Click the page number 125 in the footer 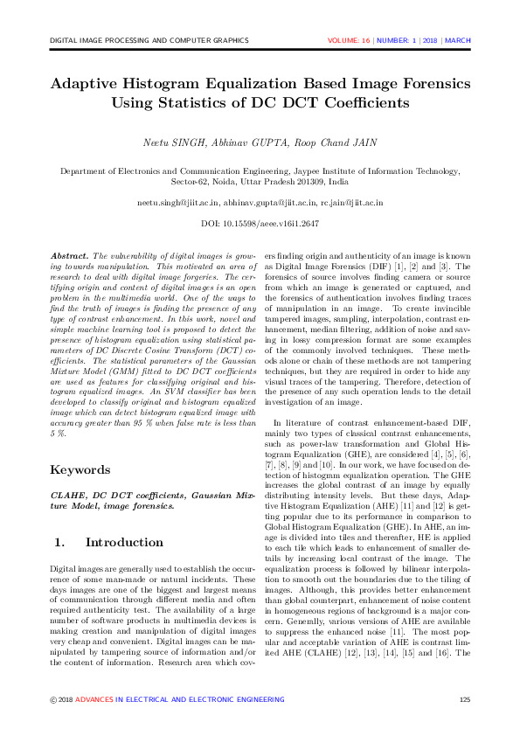(465, 700)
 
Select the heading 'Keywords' (81, 469)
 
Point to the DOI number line (260, 224)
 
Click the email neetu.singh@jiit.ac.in (177, 203)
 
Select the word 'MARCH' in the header (457, 40)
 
